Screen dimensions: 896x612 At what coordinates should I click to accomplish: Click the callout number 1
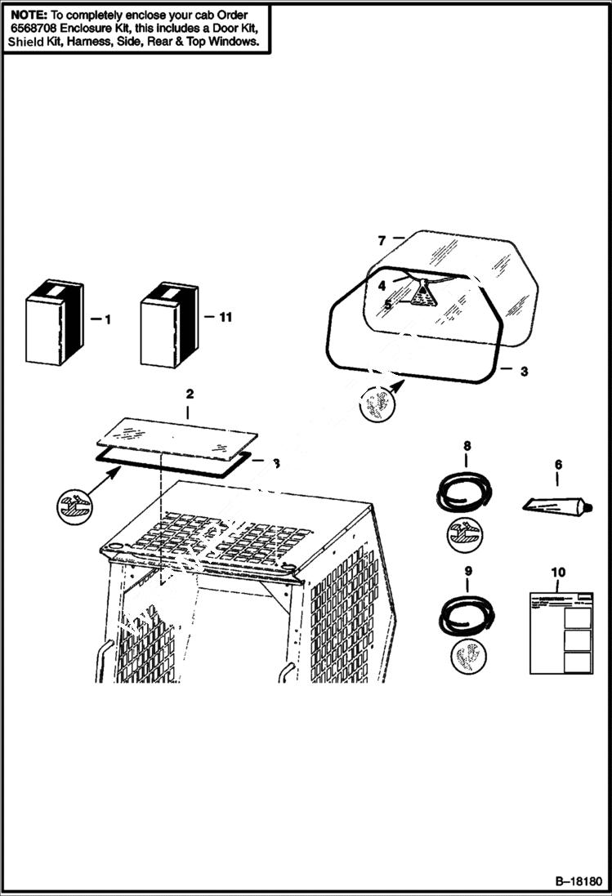(x=106, y=320)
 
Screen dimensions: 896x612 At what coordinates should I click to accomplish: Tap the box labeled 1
(x=54, y=323)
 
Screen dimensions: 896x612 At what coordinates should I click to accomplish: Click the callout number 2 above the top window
(x=190, y=394)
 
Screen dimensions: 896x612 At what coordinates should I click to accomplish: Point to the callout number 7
(x=382, y=240)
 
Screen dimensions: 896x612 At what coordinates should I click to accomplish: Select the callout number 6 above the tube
(x=558, y=465)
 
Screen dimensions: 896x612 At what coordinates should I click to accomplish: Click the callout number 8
(x=467, y=446)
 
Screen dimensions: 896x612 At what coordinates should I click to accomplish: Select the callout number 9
(x=467, y=573)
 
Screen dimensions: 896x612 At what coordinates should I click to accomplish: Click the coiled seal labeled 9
(x=465, y=615)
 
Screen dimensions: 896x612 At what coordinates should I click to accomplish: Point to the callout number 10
(x=558, y=573)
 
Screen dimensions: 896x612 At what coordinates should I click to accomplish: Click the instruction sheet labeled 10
(x=561, y=632)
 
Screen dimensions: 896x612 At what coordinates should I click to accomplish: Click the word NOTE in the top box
(x=27, y=15)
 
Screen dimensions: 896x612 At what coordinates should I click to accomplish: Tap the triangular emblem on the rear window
(x=422, y=296)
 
